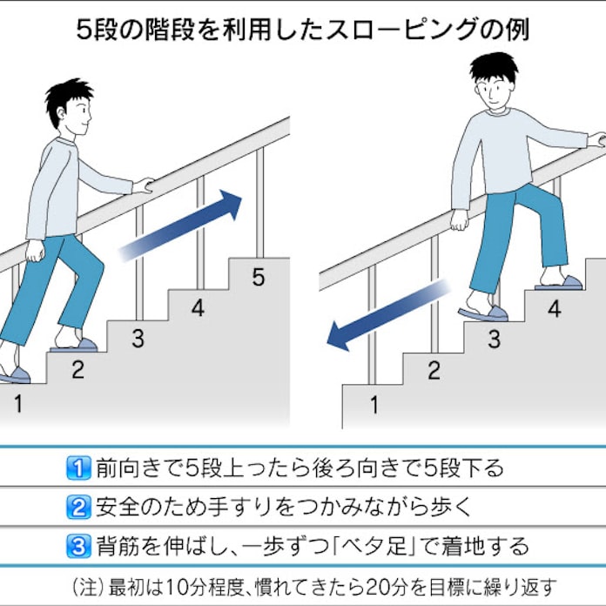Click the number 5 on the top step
pyautogui.click(x=258, y=278)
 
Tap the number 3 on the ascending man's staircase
pyautogui.click(x=138, y=338)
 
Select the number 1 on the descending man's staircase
pyautogui.click(x=374, y=404)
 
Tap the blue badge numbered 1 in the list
pyautogui.click(x=78, y=468)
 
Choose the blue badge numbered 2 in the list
pyautogui.click(x=78, y=508)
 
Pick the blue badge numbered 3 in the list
pyautogui.click(x=78, y=547)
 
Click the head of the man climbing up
pyautogui.click(x=68, y=106)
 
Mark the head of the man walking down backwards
pyautogui.click(x=493, y=81)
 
